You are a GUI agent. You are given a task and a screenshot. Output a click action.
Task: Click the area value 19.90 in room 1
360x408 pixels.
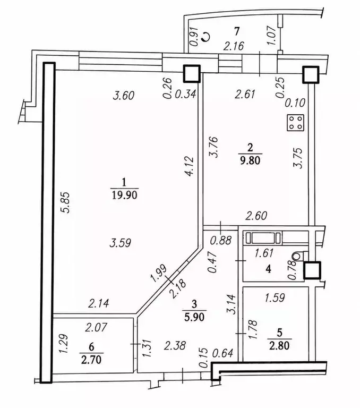click(124, 195)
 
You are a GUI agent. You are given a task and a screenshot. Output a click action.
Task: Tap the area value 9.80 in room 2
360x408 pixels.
click(250, 160)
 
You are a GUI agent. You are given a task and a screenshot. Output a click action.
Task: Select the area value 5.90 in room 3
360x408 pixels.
click(194, 317)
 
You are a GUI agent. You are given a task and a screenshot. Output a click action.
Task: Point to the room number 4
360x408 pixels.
click(268, 269)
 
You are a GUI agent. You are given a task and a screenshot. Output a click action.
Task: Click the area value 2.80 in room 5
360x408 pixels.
click(279, 346)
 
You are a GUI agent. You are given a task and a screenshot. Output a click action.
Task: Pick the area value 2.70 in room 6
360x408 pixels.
click(91, 360)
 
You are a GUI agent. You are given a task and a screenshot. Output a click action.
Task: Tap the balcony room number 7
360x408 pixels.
click(236, 31)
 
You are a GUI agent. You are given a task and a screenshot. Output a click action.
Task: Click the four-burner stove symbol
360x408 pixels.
click(295, 123)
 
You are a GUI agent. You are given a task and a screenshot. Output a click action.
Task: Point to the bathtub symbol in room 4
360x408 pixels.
click(263, 238)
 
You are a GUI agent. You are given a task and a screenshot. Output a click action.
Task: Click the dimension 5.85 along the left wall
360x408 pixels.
click(66, 202)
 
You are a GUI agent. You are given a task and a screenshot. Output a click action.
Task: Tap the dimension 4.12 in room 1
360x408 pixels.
click(190, 166)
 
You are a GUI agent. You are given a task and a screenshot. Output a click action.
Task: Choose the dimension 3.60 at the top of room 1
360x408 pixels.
click(124, 96)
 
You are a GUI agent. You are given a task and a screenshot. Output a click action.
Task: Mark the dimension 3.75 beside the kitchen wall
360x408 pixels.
click(299, 158)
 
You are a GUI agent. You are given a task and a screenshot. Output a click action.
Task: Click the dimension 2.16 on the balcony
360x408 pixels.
click(234, 46)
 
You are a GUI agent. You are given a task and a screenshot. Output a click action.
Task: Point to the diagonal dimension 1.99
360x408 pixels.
click(158, 274)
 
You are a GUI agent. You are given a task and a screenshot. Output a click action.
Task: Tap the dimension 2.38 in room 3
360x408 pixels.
click(175, 345)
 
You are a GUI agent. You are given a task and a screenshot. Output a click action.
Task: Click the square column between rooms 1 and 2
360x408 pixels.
click(192, 74)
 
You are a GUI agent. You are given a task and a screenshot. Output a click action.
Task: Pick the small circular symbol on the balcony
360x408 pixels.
click(205, 37)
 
